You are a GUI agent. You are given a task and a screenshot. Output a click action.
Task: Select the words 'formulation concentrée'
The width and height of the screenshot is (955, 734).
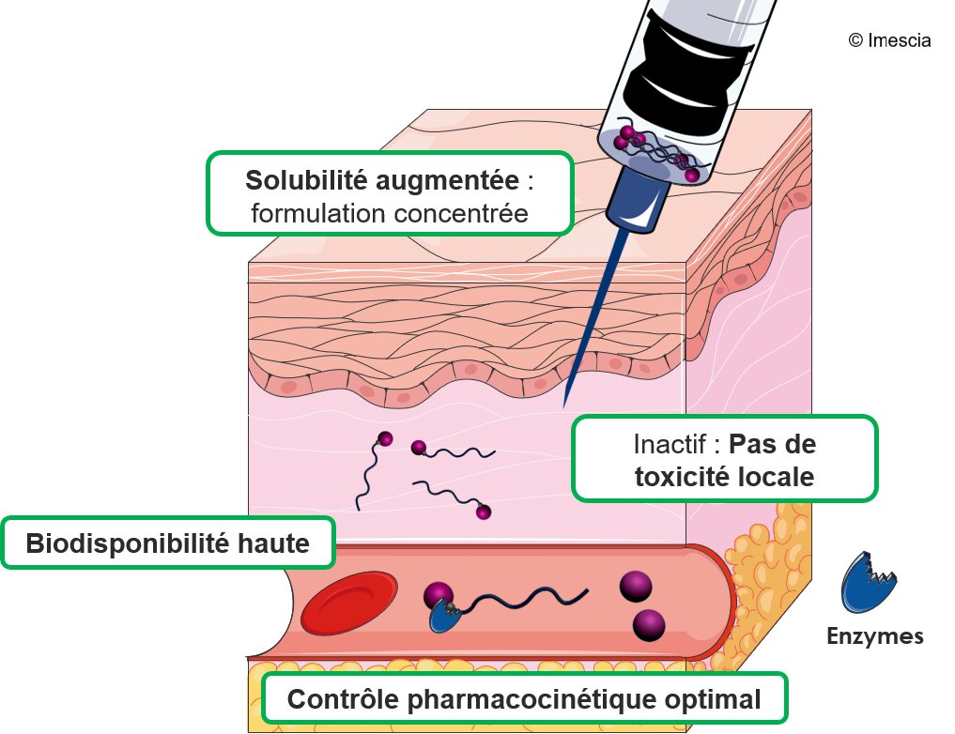coord(390,213)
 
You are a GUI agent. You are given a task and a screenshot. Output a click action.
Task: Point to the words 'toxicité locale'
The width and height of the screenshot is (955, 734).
coord(724,476)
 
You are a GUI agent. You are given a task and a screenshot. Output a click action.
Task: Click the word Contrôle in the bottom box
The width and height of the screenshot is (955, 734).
coord(333,699)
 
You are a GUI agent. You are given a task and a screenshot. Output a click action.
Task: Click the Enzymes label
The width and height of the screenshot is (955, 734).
coord(874,636)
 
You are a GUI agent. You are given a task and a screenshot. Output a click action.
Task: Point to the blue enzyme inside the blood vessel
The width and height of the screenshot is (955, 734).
coord(444,615)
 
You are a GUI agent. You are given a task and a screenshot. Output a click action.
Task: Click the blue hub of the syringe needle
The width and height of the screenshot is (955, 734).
coord(635,199)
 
